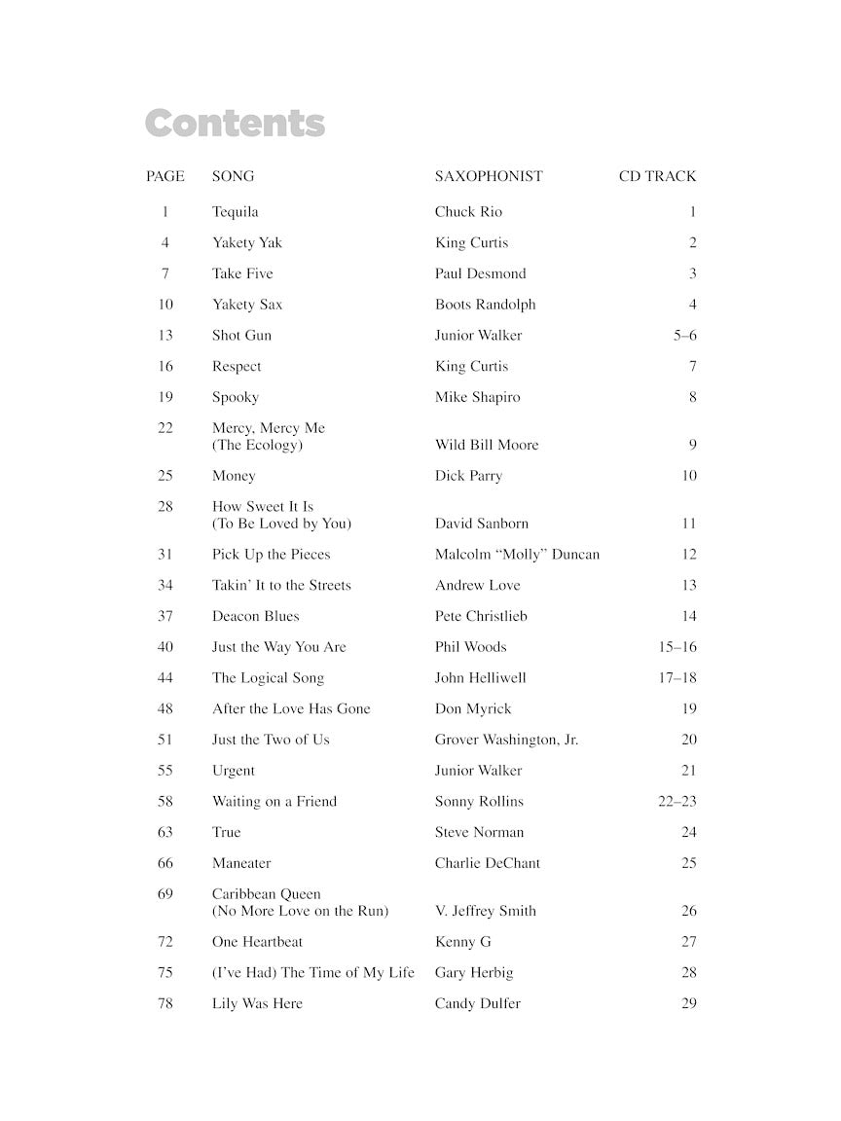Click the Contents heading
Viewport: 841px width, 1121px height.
click(x=235, y=125)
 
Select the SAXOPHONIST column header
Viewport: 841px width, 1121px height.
click(x=489, y=176)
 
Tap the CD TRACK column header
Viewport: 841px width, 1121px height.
click(x=657, y=176)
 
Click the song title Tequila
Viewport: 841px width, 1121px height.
click(x=236, y=211)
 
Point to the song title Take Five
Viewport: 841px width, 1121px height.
click(x=242, y=273)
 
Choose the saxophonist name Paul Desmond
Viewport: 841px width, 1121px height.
click(x=480, y=273)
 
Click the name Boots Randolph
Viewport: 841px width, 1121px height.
click(x=485, y=305)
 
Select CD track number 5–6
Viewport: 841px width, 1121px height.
click(x=684, y=336)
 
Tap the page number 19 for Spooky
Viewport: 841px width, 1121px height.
click(x=165, y=397)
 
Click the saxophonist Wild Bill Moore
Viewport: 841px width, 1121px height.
click(x=487, y=445)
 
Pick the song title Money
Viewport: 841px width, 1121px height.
click(x=234, y=476)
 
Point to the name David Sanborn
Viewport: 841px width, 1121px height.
click(x=482, y=524)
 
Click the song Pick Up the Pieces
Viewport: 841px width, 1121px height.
click(x=272, y=555)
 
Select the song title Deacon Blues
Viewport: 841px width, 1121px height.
click(x=256, y=616)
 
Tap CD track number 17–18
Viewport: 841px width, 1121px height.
click(x=677, y=678)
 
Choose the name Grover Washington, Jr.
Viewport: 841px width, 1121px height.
click(x=506, y=740)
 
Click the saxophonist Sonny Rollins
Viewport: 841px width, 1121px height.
click(x=479, y=802)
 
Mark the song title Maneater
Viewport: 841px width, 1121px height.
click(x=241, y=863)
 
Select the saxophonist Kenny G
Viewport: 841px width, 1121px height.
click(x=463, y=942)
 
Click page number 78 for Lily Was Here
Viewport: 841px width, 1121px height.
click(x=165, y=1003)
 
